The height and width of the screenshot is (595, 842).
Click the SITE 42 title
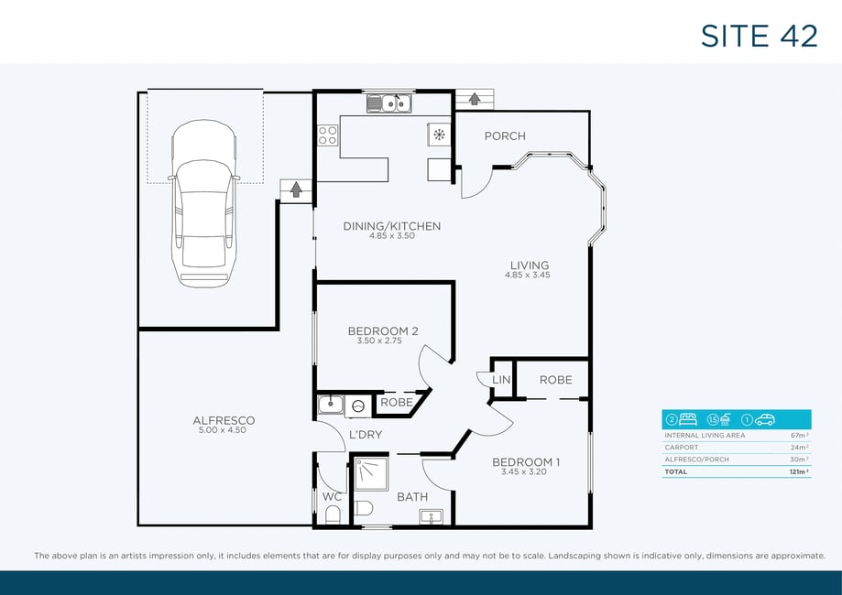click(759, 36)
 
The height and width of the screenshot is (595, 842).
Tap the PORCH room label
click(505, 136)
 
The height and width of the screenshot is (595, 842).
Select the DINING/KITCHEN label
click(392, 226)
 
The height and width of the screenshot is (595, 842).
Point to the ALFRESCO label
click(224, 421)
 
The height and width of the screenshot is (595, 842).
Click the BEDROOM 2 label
click(383, 331)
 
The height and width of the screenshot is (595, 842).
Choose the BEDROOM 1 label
click(526, 462)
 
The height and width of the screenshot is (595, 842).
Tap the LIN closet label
click(501, 380)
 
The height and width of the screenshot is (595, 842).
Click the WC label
click(332, 497)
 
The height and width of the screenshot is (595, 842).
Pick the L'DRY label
click(366, 435)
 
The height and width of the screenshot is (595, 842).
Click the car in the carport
click(203, 203)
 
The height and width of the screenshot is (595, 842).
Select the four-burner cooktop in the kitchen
click(328, 135)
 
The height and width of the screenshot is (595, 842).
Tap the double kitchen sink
click(389, 103)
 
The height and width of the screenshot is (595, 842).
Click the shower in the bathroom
click(371, 474)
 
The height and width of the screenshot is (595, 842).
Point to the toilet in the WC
click(333, 514)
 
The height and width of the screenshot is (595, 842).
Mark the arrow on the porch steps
click(475, 99)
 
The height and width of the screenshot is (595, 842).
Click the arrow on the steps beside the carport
click(295, 189)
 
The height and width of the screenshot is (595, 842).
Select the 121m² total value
click(800, 472)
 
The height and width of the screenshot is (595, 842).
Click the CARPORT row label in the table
click(682, 448)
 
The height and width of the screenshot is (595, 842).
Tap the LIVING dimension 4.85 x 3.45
click(528, 276)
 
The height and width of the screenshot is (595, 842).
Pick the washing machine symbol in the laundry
click(358, 406)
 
